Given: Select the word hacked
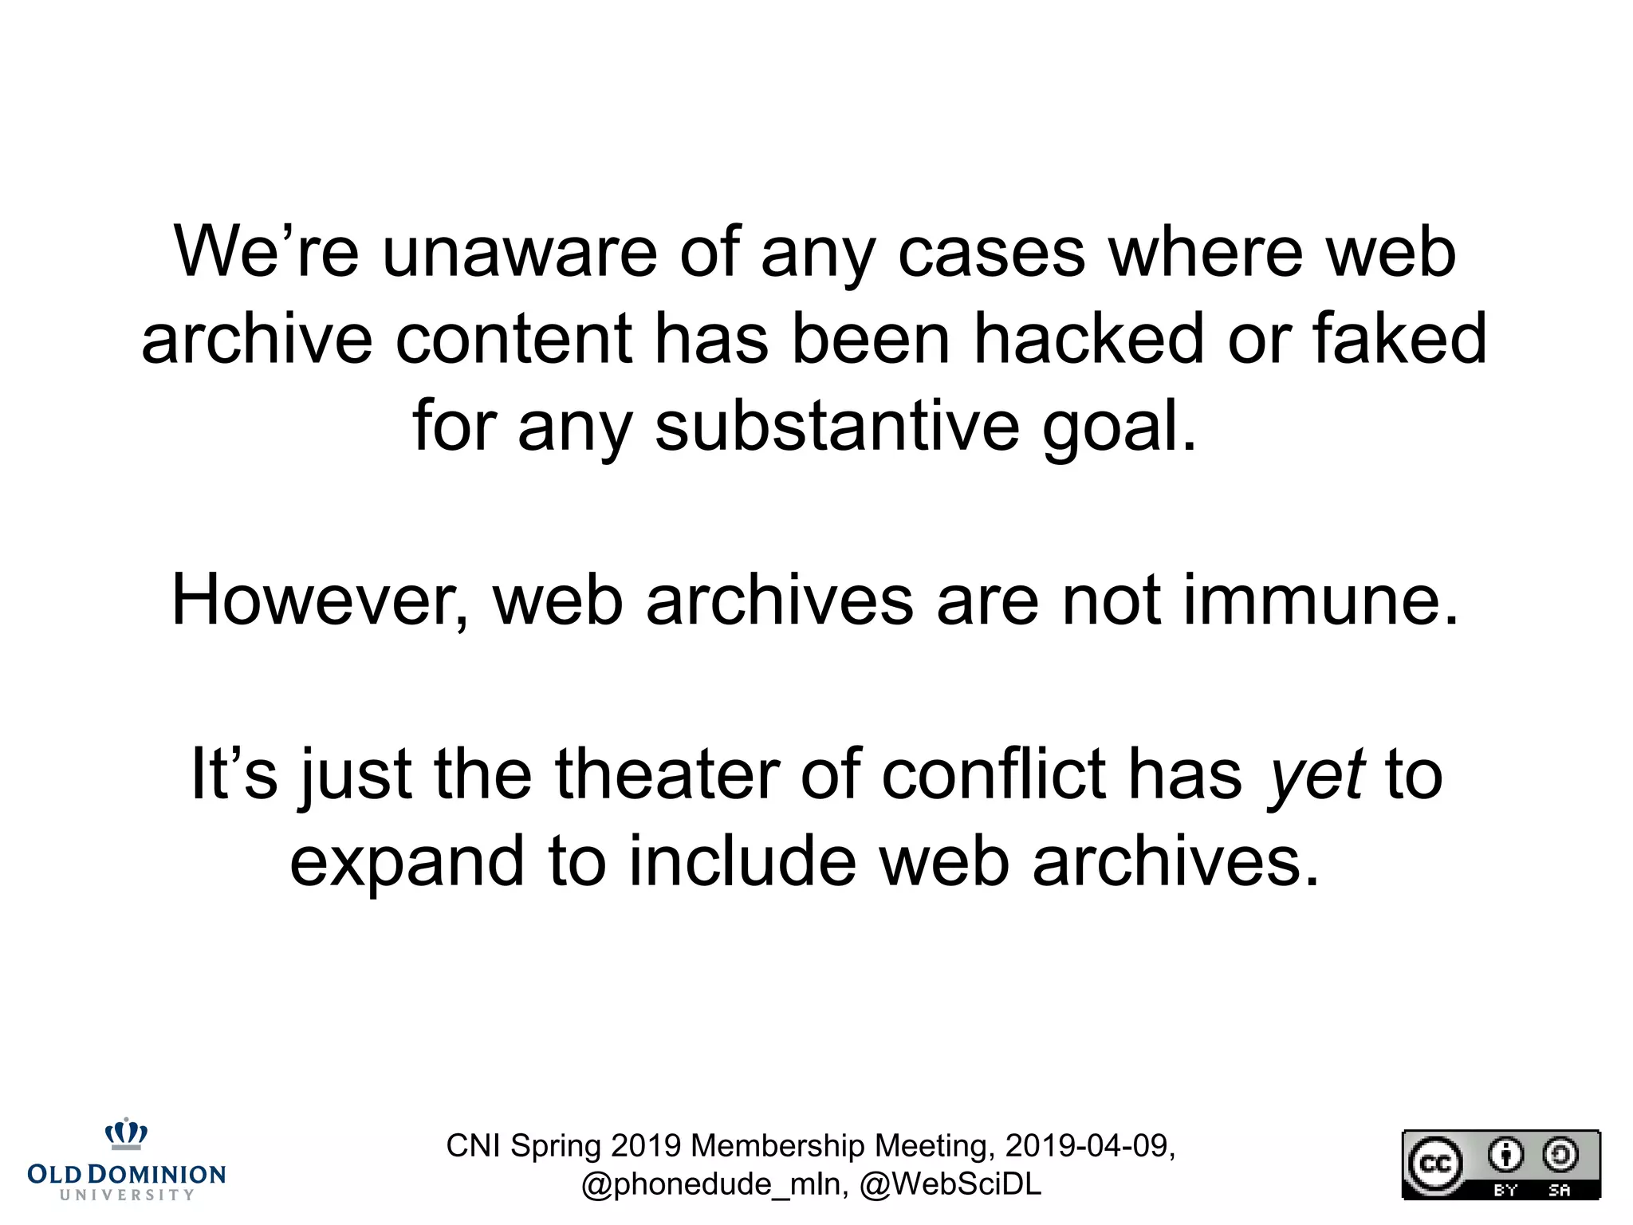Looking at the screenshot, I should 1089,339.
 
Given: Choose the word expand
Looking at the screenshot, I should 407,863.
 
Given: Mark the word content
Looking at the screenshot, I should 514,339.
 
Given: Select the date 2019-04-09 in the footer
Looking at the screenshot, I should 1089,1146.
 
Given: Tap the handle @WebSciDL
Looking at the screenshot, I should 950,1184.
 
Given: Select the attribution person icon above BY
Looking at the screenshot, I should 1505,1155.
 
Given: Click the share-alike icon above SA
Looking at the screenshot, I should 1560,1155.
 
